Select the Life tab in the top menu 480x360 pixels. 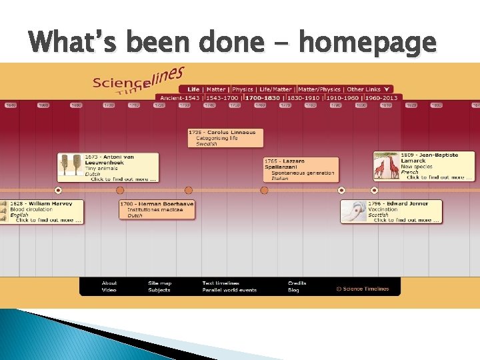tap(193, 89)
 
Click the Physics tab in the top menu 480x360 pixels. tap(243, 89)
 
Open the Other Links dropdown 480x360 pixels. tap(367, 89)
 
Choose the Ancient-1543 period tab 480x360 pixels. tap(179, 98)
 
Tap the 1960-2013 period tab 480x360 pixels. tap(381, 98)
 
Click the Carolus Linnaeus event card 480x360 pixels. tap(225, 138)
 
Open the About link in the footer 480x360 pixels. tap(109, 283)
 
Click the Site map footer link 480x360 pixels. tap(159, 283)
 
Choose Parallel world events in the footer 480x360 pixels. tap(229, 290)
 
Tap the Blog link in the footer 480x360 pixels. tap(293, 290)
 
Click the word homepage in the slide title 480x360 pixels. tap(367, 43)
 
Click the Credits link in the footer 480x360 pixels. tap(297, 283)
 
